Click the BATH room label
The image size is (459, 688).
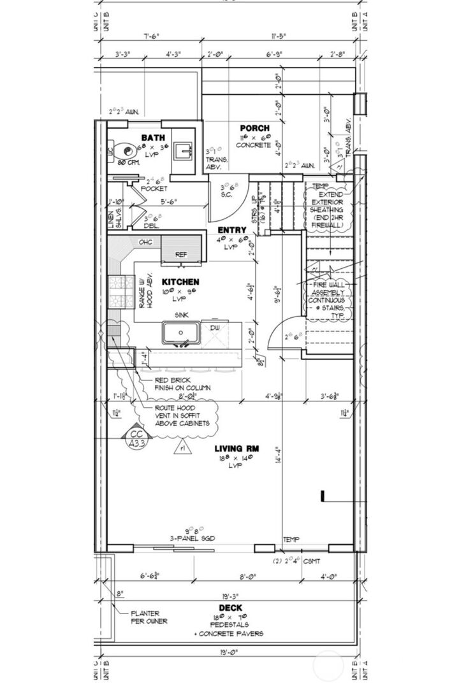point(153,138)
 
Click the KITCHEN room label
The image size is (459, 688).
point(180,281)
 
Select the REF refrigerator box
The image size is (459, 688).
point(182,254)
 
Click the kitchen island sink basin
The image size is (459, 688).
point(182,333)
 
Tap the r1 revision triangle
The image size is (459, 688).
point(182,447)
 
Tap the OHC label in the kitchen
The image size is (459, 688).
point(145,242)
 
